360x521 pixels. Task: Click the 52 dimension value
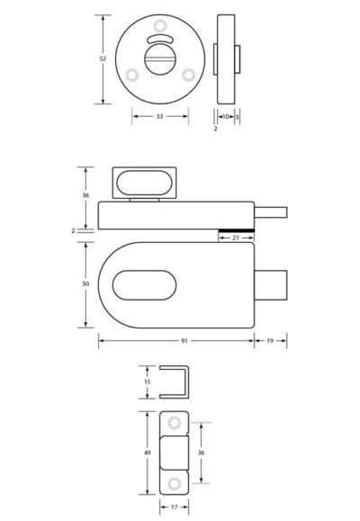click(103, 58)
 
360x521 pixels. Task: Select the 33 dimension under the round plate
click(160, 116)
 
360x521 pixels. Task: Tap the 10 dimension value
click(225, 116)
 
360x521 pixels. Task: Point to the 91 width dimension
click(184, 340)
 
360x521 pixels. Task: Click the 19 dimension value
click(271, 340)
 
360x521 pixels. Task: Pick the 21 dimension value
click(235, 238)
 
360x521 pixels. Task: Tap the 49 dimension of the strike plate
click(145, 455)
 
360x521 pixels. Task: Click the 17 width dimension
click(173, 508)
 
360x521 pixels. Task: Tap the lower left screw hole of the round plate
click(132, 75)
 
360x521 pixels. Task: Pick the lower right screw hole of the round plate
click(188, 75)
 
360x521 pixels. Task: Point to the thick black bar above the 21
click(235, 228)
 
